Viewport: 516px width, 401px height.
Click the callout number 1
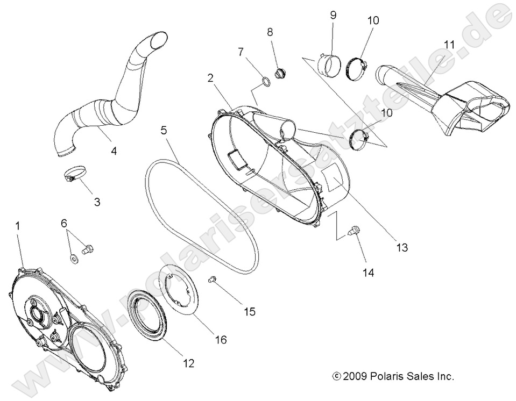click(x=17, y=226)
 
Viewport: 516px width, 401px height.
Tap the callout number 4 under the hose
click(x=113, y=151)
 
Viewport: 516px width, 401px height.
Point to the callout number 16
click(x=221, y=340)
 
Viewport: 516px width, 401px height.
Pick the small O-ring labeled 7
click(x=266, y=82)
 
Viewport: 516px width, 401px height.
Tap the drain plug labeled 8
click(x=280, y=73)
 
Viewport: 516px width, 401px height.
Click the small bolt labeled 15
click(x=212, y=279)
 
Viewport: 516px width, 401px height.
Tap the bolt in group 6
click(x=87, y=249)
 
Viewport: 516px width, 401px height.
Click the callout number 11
click(x=450, y=45)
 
